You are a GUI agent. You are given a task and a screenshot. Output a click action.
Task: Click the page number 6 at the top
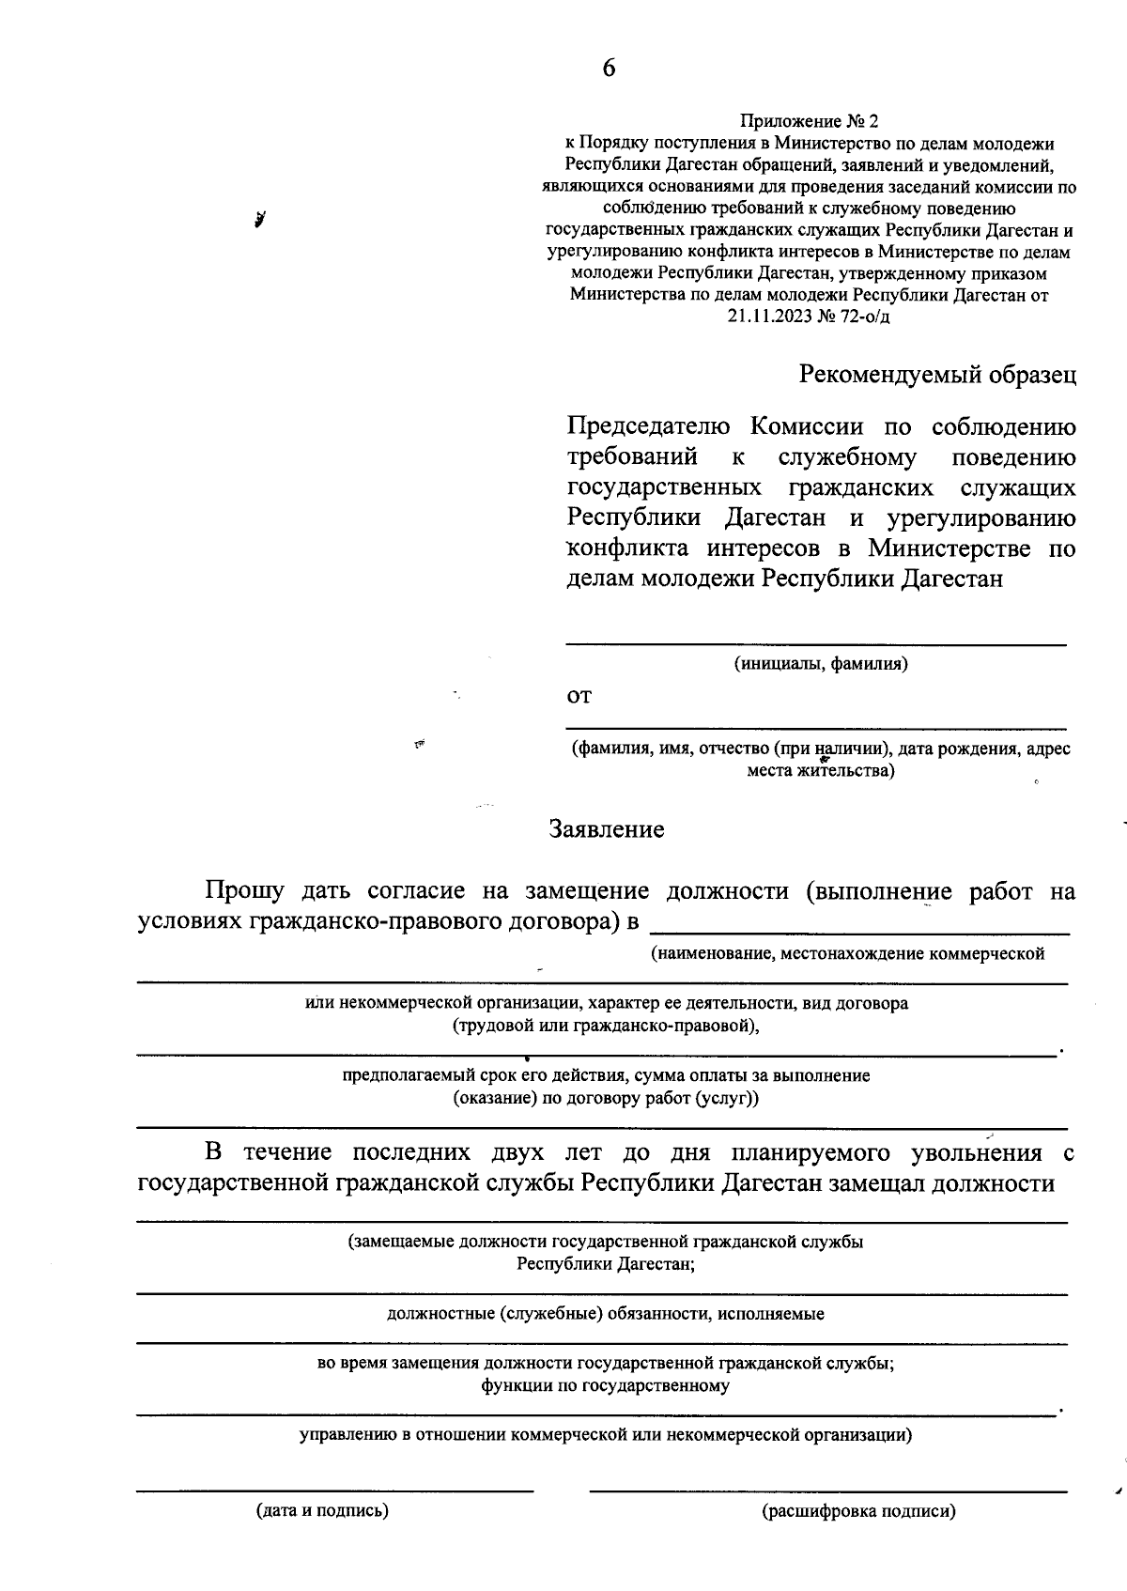609,69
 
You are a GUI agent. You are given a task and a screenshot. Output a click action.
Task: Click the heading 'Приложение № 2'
809,122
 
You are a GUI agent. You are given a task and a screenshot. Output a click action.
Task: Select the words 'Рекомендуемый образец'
937,375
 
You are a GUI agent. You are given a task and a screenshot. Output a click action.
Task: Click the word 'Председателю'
648,427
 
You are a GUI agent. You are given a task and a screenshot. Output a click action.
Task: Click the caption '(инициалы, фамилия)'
821,664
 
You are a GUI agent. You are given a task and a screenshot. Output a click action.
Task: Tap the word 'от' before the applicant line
579,697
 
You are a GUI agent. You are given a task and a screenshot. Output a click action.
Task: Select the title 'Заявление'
607,829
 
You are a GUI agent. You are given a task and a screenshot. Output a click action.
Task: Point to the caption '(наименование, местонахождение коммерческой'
848,954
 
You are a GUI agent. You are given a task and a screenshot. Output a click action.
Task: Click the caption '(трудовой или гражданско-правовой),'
606,1026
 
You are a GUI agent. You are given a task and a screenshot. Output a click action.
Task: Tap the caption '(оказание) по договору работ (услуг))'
606,1098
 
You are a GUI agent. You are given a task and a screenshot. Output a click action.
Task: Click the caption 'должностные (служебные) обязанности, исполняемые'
606,1314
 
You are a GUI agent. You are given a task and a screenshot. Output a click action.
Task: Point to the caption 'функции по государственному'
606,1385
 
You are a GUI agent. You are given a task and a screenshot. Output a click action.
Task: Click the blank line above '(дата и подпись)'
334,1491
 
